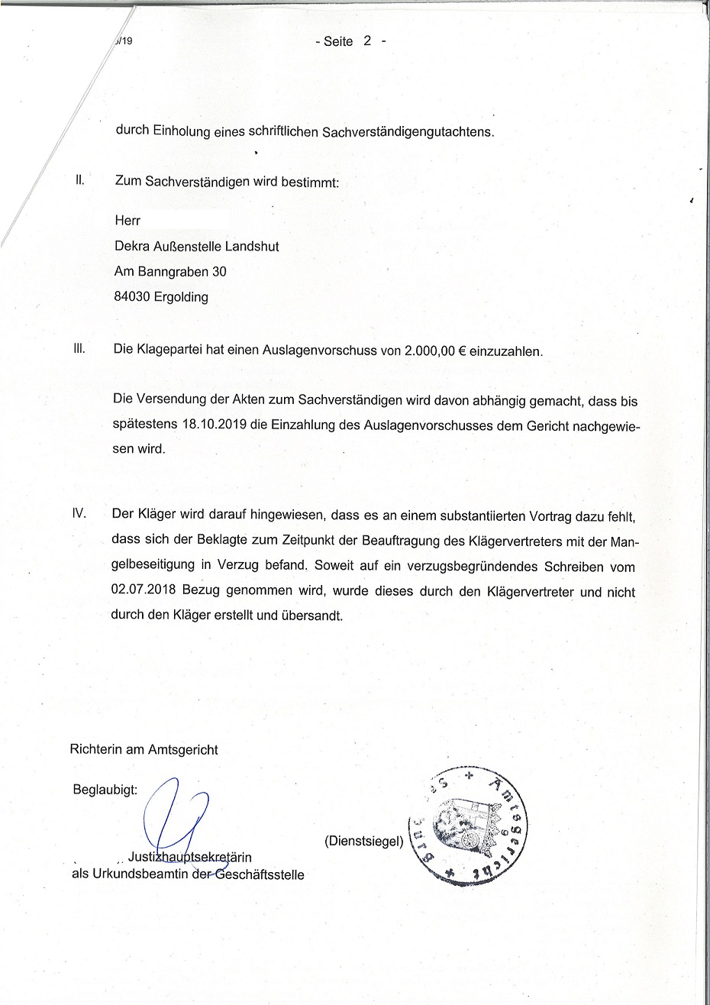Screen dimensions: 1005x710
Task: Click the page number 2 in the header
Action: click(x=366, y=41)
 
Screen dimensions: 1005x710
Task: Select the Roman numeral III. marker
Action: click(x=79, y=350)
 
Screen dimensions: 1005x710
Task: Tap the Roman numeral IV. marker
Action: click(x=79, y=515)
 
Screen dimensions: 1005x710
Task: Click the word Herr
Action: click(x=127, y=221)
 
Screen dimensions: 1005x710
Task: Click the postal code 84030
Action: click(x=132, y=297)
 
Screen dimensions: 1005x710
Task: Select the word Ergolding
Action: click(x=181, y=298)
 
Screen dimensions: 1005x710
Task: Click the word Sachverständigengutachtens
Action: click(x=408, y=131)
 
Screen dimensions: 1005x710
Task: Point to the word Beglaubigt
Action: click(x=105, y=789)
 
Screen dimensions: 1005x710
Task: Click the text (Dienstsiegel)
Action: click(x=363, y=842)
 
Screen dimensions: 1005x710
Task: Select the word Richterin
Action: click(x=95, y=749)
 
